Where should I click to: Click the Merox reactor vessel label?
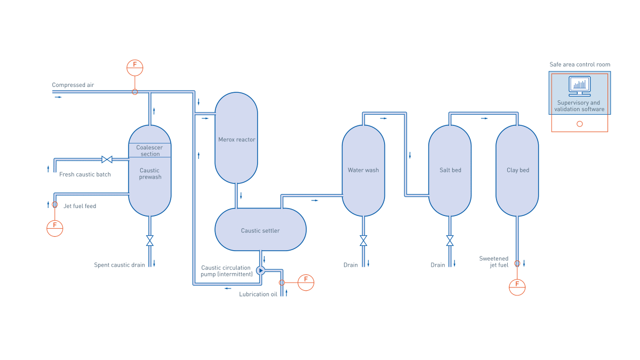click(237, 140)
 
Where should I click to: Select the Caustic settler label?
click(260, 231)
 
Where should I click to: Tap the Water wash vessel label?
click(363, 170)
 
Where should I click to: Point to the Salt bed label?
click(450, 170)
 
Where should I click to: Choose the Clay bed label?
click(517, 170)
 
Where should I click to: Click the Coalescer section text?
click(150, 150)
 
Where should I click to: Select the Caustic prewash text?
click(150, 174)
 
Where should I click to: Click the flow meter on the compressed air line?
click(135, 68)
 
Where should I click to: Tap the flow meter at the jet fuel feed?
click(55, 228)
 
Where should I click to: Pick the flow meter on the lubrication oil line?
click(306, 282)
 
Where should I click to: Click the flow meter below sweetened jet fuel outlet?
click(517, 287)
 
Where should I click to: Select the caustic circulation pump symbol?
click(260, 270)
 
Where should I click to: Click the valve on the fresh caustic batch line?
click(107, 159)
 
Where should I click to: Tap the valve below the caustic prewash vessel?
click(150, 241)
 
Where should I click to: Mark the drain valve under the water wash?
click(363, 241)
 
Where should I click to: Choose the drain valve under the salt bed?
click(450, 241)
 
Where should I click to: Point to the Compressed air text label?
click(73, 85)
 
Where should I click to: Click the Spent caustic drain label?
click(119, 265)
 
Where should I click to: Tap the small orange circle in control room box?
click(580, 124)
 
